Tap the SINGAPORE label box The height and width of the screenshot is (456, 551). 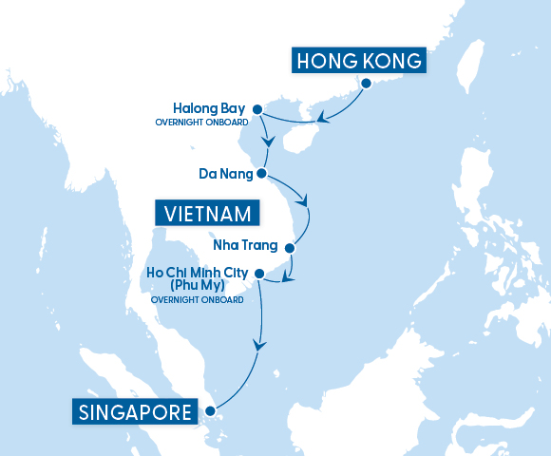point(134,412)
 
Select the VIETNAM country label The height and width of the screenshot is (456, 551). point(207,213)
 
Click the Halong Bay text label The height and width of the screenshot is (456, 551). point(210,108)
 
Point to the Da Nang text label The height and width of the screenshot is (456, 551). point(226,175)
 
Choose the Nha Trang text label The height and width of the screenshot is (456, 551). point(245,246)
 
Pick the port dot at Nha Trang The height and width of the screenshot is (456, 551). point(291,247)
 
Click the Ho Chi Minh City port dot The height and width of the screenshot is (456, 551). point(257,274)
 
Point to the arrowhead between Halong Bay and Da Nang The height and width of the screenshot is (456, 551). point(271,142)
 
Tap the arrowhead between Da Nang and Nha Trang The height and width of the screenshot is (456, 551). point(304,200)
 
